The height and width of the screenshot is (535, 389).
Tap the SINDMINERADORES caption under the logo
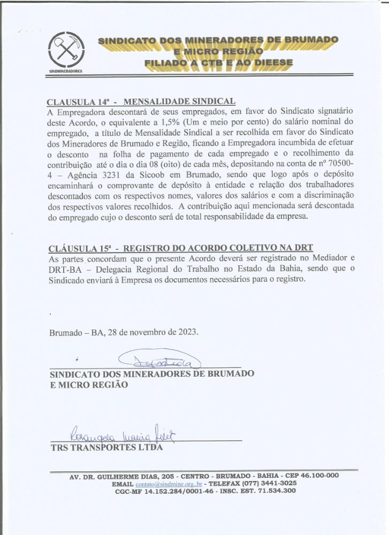click(65, 71)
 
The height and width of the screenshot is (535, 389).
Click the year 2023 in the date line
click(185, 332)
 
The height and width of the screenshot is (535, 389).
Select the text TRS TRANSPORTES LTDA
click(105, 448)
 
